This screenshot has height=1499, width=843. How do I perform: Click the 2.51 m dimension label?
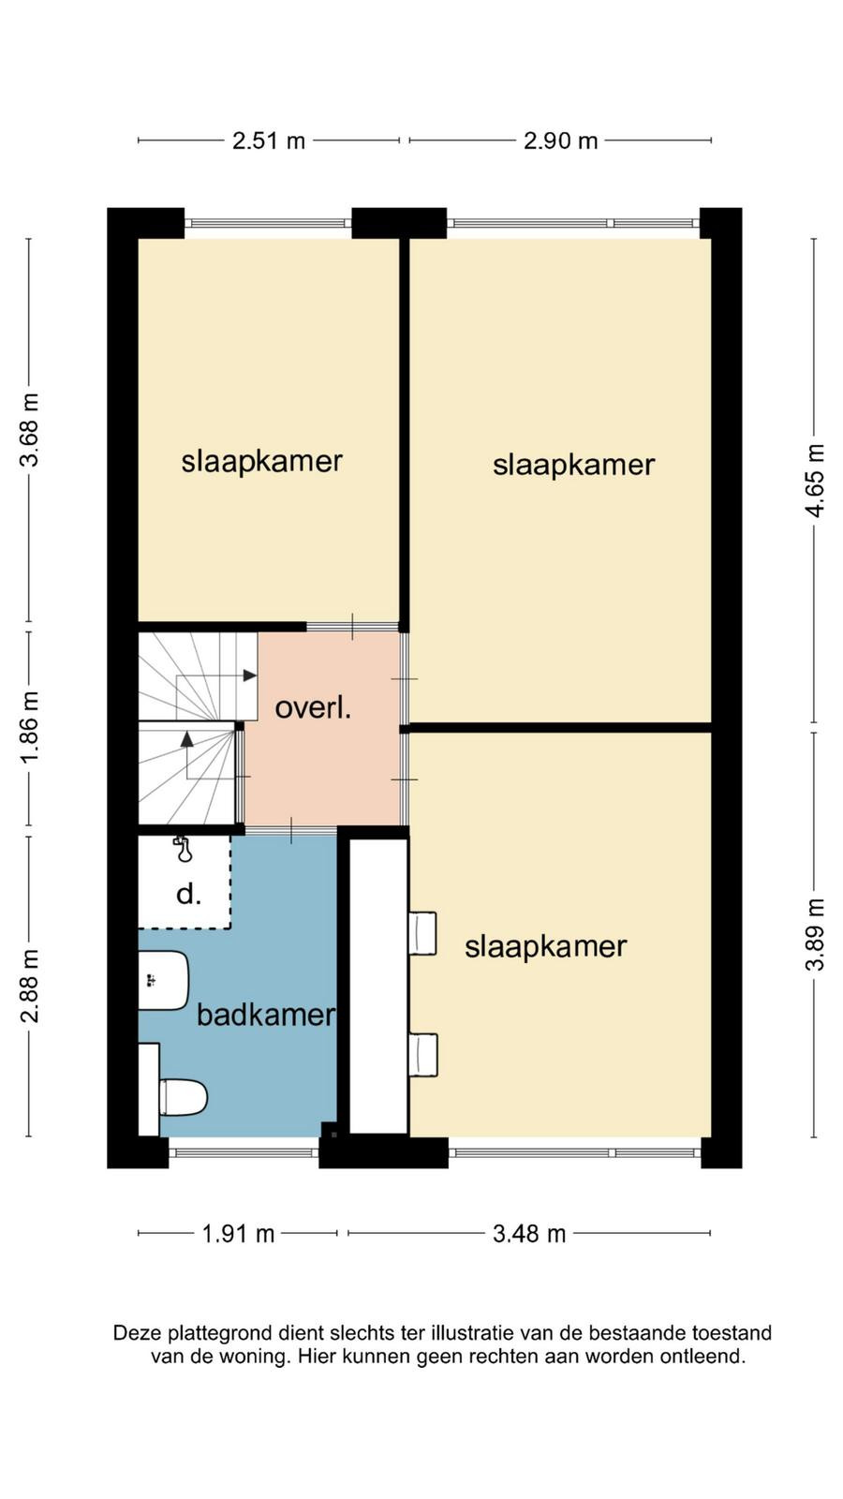pyautogui.click(x=268, y=141)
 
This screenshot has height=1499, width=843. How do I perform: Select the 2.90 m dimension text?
pyautogui.click(x=560, y=141)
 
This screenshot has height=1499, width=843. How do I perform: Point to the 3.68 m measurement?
pyautogui.click(x=30, y=430)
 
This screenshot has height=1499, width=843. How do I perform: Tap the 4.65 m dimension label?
pyautogui.click(x=815, y=481)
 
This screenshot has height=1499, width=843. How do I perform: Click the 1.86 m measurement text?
pyautogui.click(x=30, y=727)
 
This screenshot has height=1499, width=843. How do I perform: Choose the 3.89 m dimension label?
pyautogui.click(x=815, y=934)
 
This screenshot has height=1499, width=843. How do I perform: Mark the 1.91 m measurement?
pyautogui.click(x=238, y=1233)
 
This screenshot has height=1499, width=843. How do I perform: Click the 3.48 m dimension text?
pyautogui.click(x=529, y=1233)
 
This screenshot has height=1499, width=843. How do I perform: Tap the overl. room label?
pyautogui.click(x=313, y=708)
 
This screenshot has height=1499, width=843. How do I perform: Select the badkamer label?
pyautogui.click(x=266, y=1015)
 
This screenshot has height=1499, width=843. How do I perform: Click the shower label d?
pyautogui.click(x=188, y=894)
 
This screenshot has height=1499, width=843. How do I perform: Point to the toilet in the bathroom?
pyautogui.click(x=183, y=1097)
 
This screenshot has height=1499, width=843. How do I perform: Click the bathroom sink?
pyautogui.click(x=163, y=980)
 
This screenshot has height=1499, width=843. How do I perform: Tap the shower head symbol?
pyautogui.click(x=183, y=849)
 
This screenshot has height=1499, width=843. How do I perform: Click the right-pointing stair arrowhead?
pyautogui.click(x=249, y=675)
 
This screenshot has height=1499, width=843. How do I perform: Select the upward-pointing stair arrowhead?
pyautogui.click(x=186, y=739)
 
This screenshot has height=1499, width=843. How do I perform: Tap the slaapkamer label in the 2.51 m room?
pyautogui.click(x=261, y=462)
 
